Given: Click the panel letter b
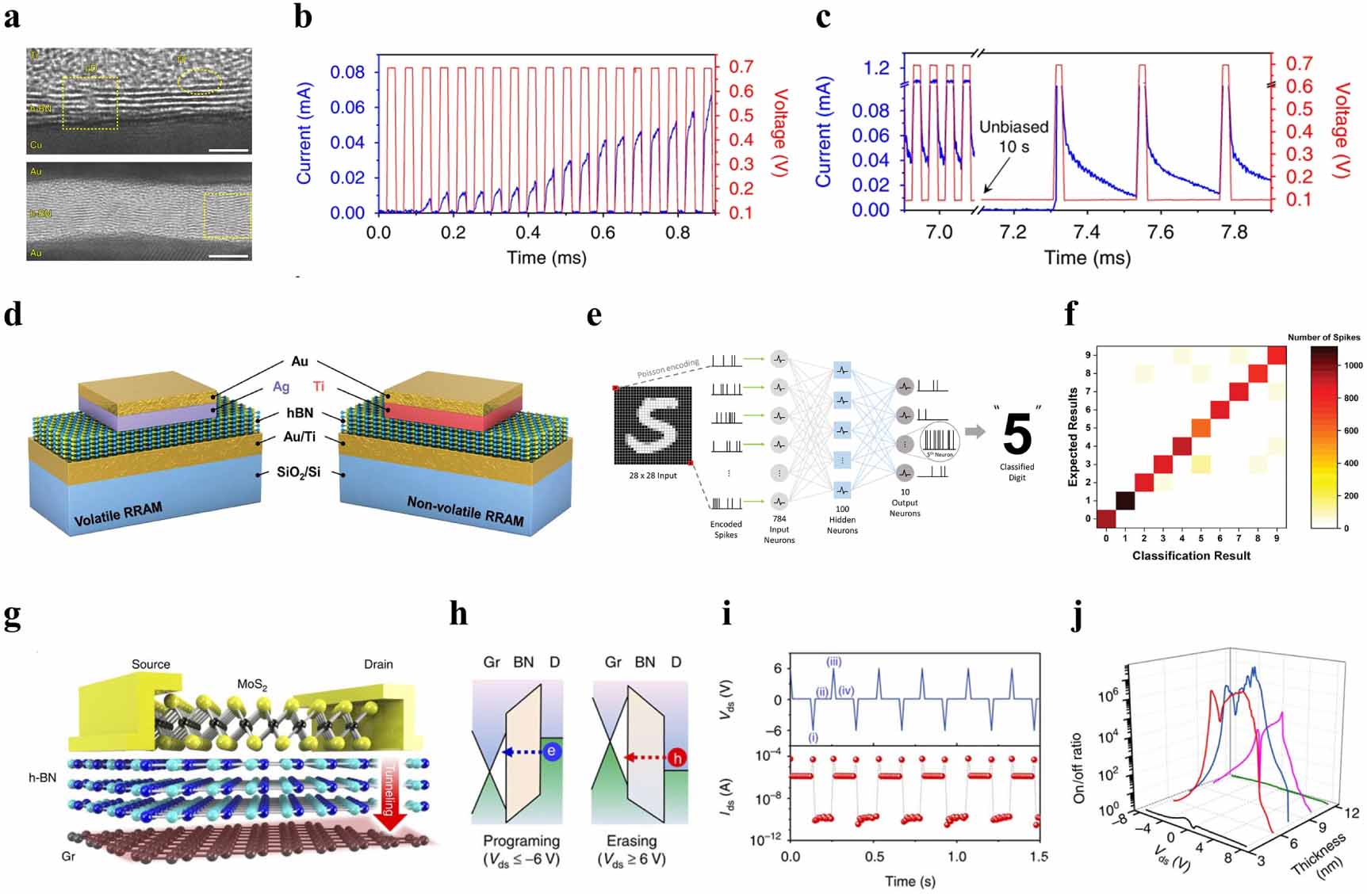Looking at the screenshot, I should coord(303,17).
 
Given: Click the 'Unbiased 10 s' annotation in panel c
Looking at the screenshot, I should coord(1013,136).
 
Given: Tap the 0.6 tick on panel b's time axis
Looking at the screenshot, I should coord(603,232).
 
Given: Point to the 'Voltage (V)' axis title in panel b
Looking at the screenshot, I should coord(781,131).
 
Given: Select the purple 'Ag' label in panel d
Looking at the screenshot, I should coord(281,387).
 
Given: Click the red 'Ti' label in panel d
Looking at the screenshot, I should coord(319,387).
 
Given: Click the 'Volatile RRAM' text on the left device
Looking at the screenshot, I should coord(118,514).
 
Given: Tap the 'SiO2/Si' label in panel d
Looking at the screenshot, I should coord(298,472).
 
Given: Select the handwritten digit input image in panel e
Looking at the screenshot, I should coord(653,426).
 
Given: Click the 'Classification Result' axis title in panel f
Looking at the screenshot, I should coord(1191,556).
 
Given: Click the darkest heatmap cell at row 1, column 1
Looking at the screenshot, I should coord(1124,501).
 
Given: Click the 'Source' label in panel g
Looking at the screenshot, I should coord(151,664).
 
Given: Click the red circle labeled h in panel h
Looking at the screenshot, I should coord(676,758).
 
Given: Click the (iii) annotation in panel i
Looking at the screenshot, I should coord(833,662).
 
